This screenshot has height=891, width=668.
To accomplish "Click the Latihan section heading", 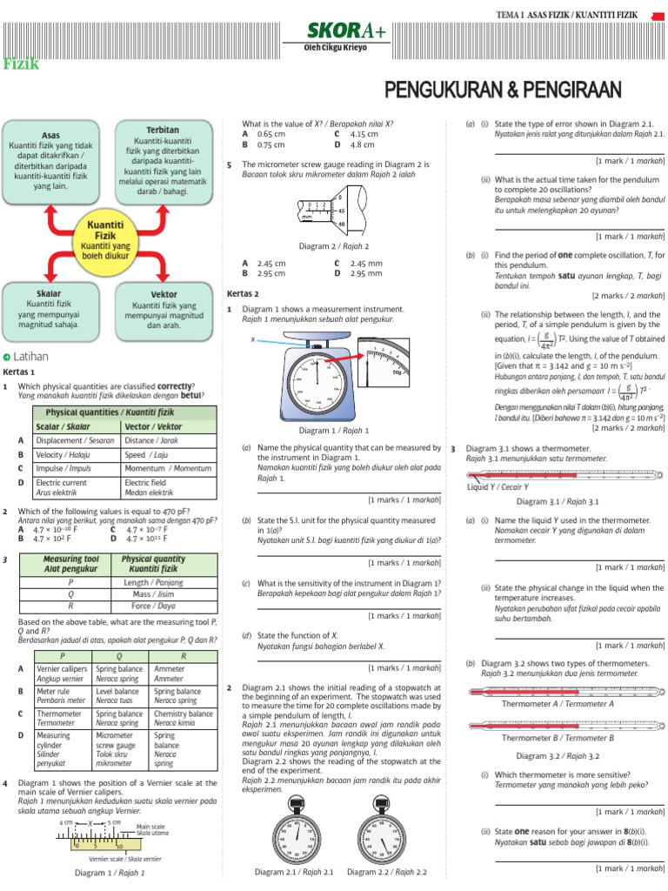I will click(30, 357).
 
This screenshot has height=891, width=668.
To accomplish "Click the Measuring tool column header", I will click(71, 564).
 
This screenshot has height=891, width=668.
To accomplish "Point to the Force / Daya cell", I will click(154, 605).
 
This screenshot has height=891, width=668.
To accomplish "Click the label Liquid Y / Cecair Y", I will click(498, 486).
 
